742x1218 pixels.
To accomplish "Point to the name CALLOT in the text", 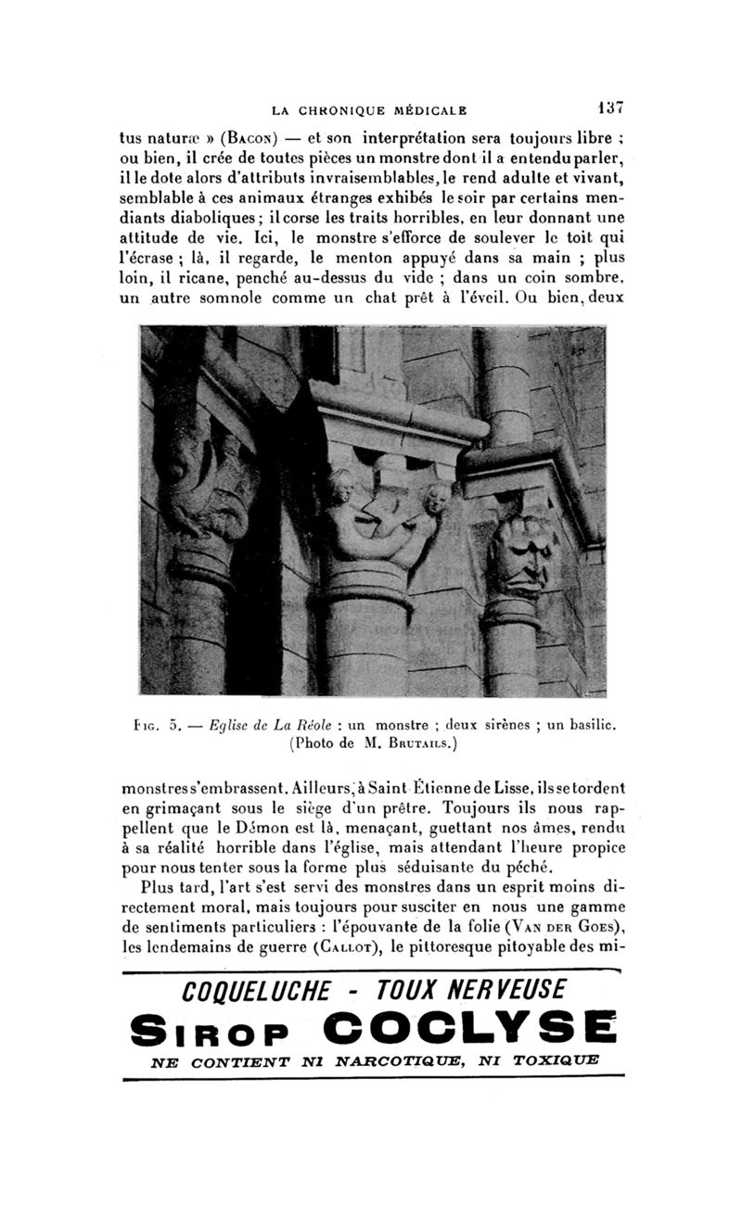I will pyautogui.click(x=350, y=948).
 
